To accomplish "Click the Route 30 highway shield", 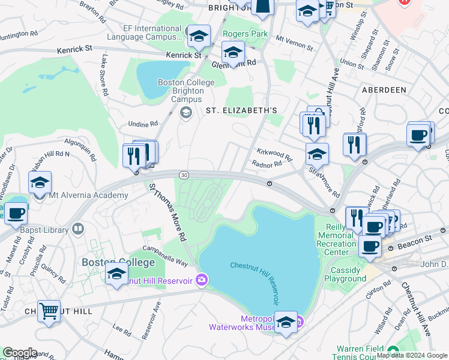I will [x=184, y=174].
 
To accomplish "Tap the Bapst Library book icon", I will [x=77, y=229].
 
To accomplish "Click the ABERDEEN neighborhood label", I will [x=384, y=89].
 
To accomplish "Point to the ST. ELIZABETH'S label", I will [x=241, y=110].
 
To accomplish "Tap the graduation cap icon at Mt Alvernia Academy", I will [x=40, y=183].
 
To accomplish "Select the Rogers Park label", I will [x=245, y=34].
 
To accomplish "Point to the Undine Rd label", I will [x=143, y=124].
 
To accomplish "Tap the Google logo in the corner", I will [x=19, y=353].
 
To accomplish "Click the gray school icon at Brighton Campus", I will [x=185, y=112].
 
